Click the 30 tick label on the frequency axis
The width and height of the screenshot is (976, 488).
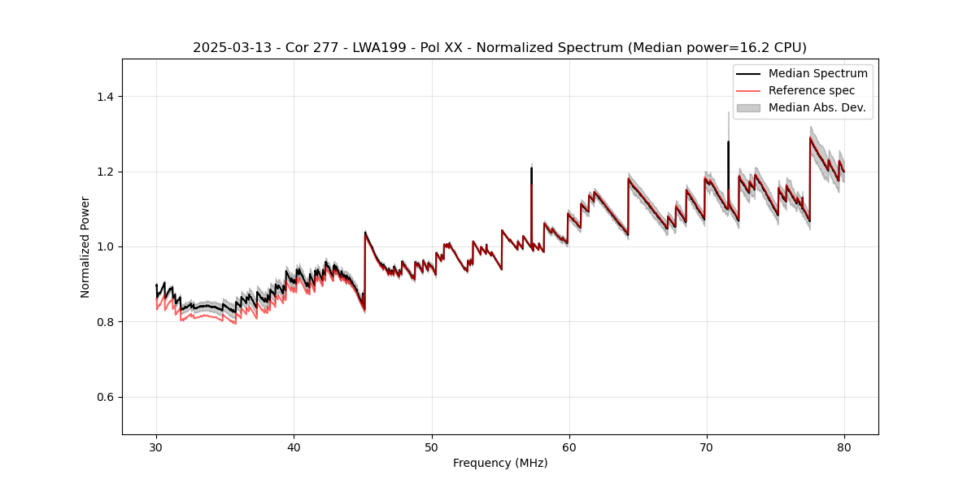(x=156, y=447)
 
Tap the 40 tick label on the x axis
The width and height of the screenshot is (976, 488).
(x=294, y=447)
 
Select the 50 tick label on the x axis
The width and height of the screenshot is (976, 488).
(x=431, y=447)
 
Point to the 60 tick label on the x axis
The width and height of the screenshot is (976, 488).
(x=569, y=447)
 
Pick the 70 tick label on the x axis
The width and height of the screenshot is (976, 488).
(x=706, y=447)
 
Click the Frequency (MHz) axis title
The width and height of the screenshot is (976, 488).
(x=500, y=463)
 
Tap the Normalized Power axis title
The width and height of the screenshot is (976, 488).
(x=85, y=246)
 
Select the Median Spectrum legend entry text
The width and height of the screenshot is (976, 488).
(x=817, y=73)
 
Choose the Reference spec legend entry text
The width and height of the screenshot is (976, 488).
(x=812, y=90)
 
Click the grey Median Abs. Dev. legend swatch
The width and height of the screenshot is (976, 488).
(x=748, y=107)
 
